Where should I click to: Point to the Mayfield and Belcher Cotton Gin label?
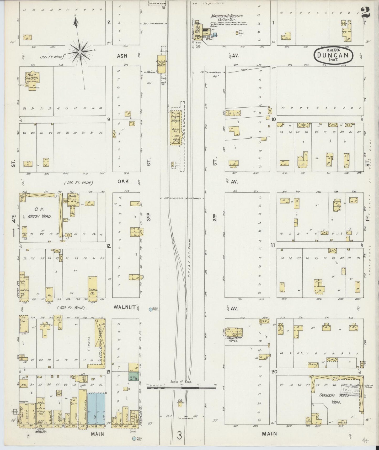[223, 18]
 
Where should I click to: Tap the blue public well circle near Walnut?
[151, 310]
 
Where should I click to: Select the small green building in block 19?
[133, 376]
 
